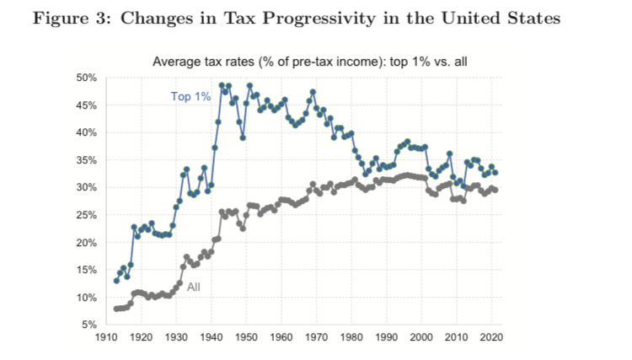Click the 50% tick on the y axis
click(x=88, y=78)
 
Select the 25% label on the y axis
click(x=88, y=215)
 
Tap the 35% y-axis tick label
click(x=88, y=160)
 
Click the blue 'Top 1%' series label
click(x=190, y=97)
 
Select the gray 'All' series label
click(x=193, y=287)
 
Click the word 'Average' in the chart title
click(x=174, y=61)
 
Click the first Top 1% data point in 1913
click(x=116, y=280)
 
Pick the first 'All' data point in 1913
click(x=116, y=309)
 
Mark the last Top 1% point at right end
click(x=495, y=172)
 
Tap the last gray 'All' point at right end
click(x=495, y=190)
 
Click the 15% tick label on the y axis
click(x=88, y=270)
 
